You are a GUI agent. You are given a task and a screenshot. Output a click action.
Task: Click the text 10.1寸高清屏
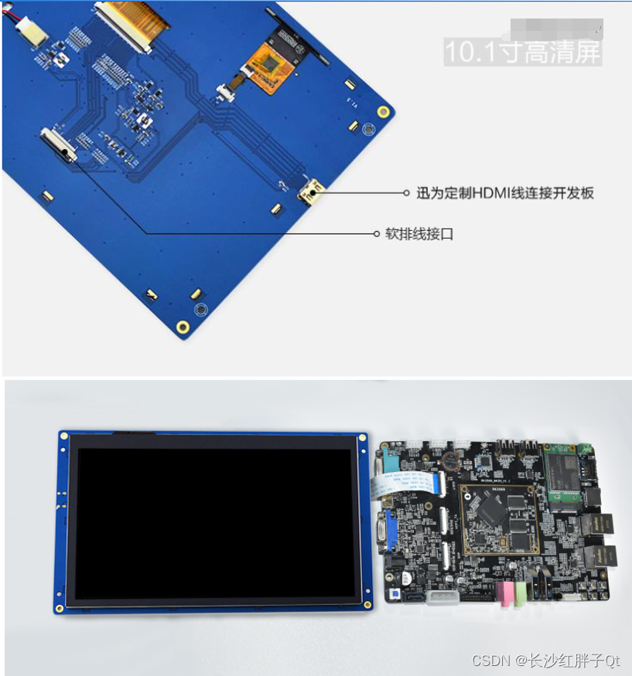(x=521, y=53)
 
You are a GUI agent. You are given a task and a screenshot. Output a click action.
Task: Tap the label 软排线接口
(x=419, y=233)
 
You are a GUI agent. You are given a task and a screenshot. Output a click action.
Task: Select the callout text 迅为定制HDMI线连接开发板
(x=505, y=193)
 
